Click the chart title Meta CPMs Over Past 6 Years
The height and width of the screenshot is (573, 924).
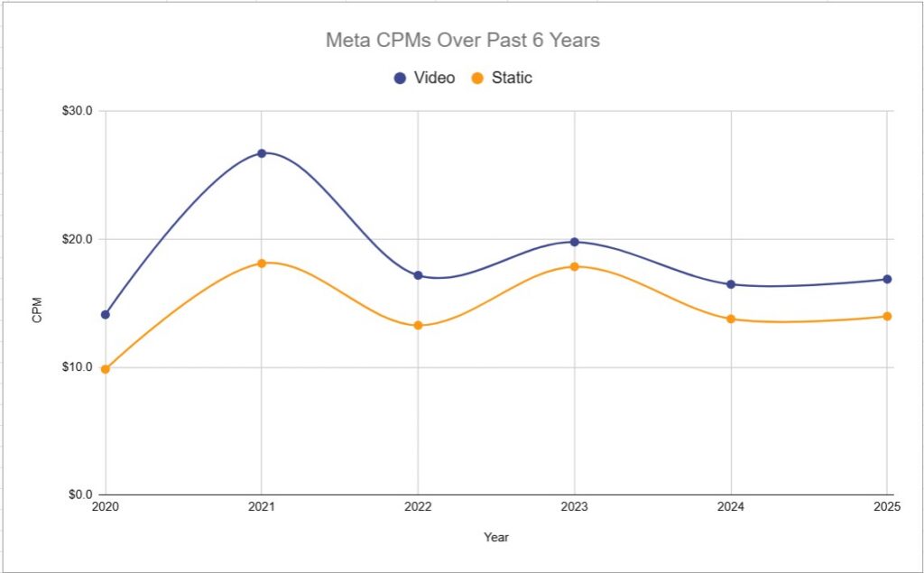tap(462, 41)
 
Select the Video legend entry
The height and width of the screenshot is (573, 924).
tap(424, 78)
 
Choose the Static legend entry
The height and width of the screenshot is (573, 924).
tap(502, 78)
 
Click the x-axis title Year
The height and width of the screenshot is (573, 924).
tap(496, 538)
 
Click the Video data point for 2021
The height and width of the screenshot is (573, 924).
tap(262, 153)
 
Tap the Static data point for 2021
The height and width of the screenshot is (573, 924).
tap(262, 263)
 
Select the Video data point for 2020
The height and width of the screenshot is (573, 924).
tap(106, 315)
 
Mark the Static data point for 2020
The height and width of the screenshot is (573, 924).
tap(106, 369)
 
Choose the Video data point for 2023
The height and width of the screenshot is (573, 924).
tap(575, 242)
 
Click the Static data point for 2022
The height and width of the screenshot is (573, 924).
tap(418, 326)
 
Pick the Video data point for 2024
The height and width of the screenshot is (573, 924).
tap(731, 284)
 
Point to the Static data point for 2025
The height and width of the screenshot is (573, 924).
tap(887, 316)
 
